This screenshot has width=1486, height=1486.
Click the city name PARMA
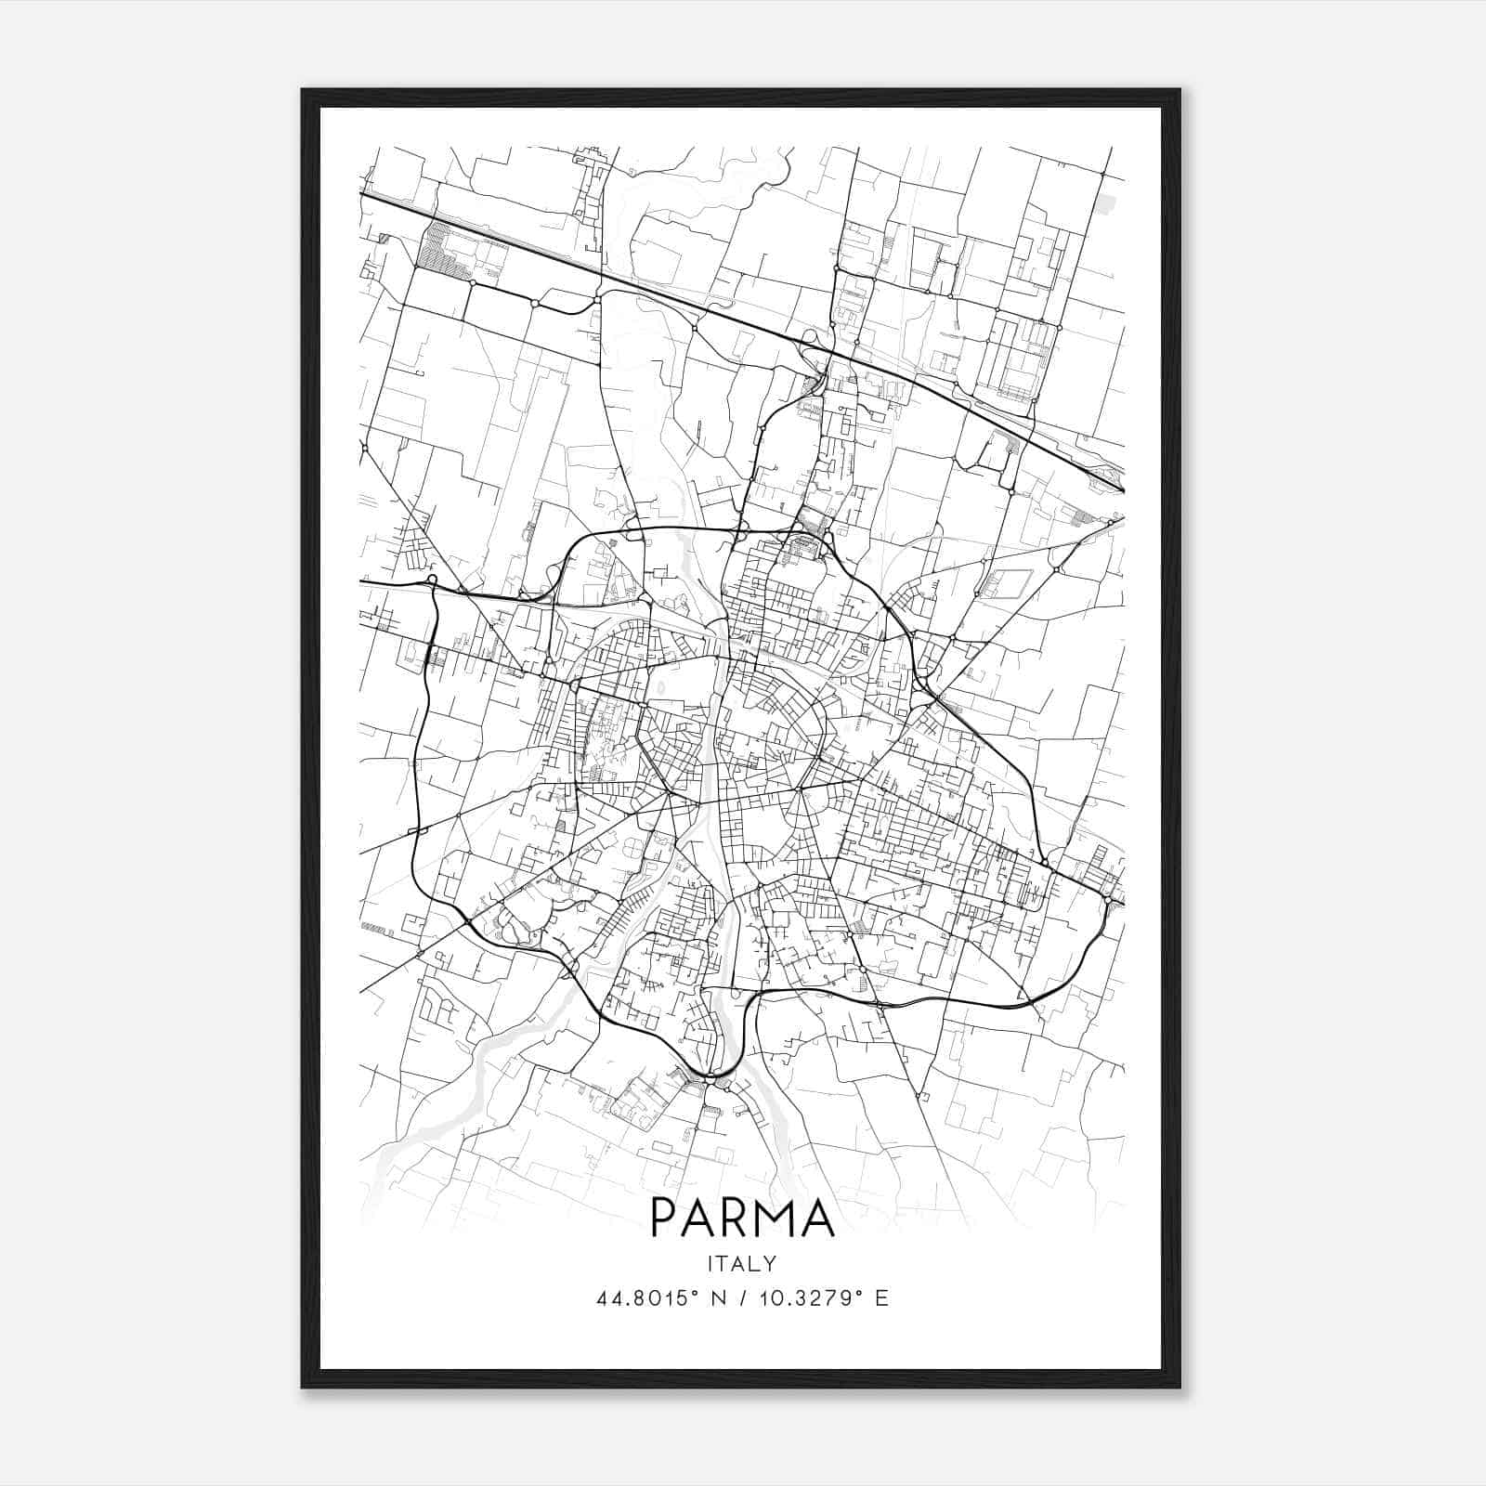tap(742, 1217)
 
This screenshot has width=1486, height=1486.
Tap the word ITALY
tap(742, 1263)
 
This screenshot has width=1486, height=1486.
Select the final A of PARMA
tap(818, 1217)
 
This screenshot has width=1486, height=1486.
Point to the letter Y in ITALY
tap(770, 1263)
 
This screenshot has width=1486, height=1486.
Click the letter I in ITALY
tap(711, 1263)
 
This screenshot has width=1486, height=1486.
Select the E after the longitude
tap(881, 1297)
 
